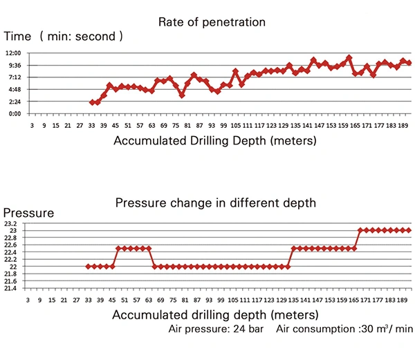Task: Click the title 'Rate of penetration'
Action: tap(212, 22)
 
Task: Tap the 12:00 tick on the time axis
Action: tap(14, 53)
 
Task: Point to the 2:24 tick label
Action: tap(14, 102)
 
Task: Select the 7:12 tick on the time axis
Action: tap(14, 77)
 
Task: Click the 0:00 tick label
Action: tap(14, 113)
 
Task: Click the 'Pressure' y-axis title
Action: tap(28, 213)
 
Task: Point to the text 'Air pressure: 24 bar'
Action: tap(215, 329)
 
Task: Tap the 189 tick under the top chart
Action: tap(403, 126)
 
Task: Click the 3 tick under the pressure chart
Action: tap(28, 301)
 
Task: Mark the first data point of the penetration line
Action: tap(92, 102)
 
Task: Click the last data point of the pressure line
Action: tap(409, 230)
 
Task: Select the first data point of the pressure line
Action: tap(88, 267)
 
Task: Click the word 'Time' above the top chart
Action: tap(18, 36)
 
